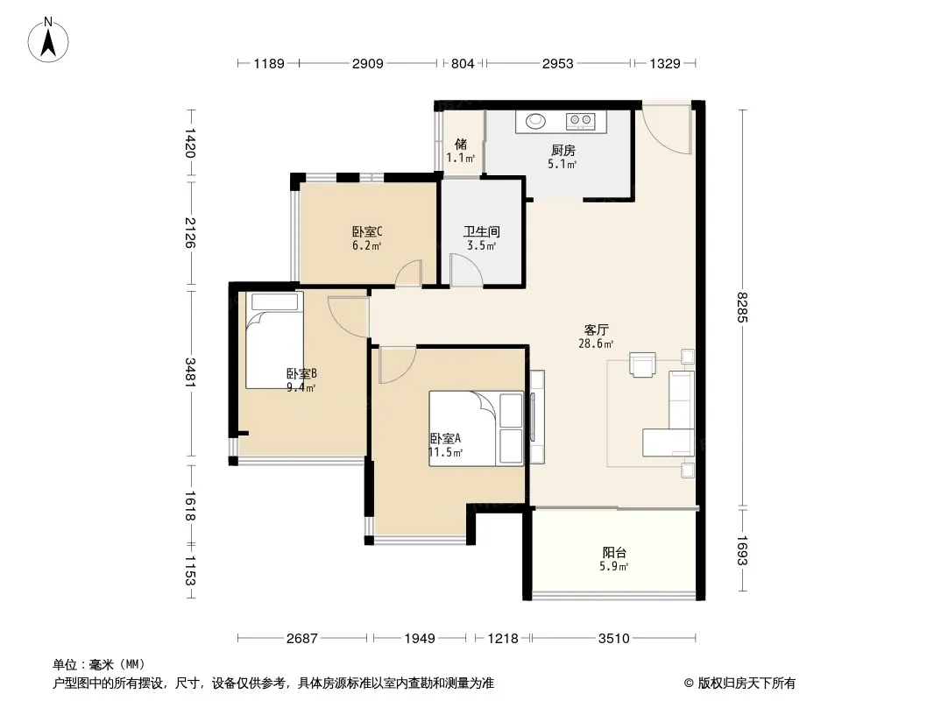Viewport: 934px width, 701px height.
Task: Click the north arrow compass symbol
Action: [48, 40]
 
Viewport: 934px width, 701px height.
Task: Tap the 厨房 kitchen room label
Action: [563, 151]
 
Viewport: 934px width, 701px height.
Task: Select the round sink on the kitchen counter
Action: [536, 121]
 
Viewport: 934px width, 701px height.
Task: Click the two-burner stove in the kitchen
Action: [580, 121]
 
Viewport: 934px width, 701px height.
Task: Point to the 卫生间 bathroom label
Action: [482, 231]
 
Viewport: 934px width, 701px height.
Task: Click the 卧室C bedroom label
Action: [367, 231]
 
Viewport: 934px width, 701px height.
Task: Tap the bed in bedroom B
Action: [274, 340]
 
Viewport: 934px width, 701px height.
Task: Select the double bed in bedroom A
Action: [477, 428]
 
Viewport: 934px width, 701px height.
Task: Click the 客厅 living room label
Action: [597, 330]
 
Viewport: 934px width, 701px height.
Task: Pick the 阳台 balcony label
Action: [614, 552]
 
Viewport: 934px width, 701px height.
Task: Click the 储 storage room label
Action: [461, 144]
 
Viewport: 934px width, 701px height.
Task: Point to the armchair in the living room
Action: [643, 365]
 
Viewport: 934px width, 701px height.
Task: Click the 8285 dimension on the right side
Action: [742, 308]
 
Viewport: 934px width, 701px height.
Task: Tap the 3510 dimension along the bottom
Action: [614, 639]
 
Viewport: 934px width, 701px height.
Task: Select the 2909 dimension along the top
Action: [367, 63]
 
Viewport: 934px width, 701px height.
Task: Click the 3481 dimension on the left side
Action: [191, 372]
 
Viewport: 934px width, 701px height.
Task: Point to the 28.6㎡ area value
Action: [596, 343]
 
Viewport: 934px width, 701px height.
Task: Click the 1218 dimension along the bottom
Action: [503, 639]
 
